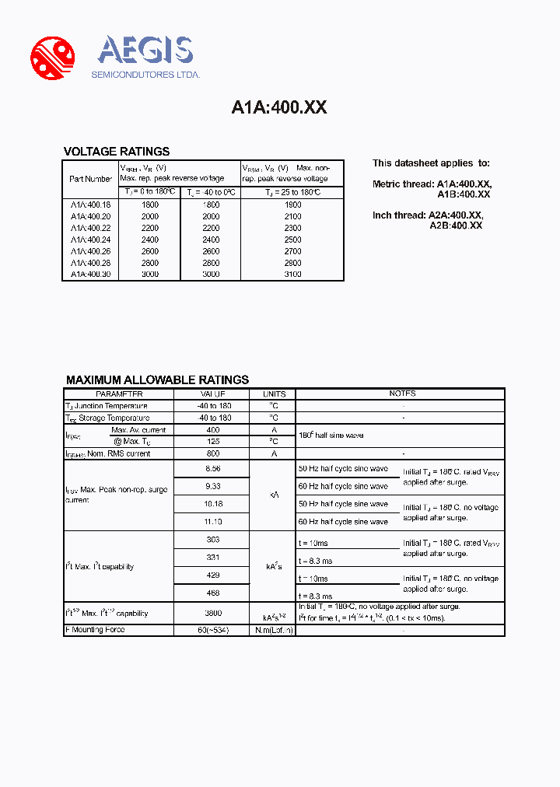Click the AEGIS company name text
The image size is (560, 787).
[x=145, y=51]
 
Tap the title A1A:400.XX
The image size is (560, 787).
[x=279, y=108]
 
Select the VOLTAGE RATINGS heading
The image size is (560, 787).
[x=116, y=152]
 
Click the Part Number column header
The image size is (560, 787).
[x=90, y=179]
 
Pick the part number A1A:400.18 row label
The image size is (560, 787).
[x=90, y=205]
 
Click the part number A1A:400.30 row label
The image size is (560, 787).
[x=90, y=274]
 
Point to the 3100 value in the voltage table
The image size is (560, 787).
[x=292, y=274]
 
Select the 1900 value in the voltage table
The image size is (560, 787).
[x=292, y=205]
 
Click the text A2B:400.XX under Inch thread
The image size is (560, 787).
[x=456, y=225]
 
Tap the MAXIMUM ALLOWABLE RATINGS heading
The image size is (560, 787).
[x=157, y=380]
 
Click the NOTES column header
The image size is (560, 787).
[x=402, y=393]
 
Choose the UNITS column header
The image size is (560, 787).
[x=274, y=394]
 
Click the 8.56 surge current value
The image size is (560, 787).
[x=212, y=469]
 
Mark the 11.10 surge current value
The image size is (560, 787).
[x=212, y=522]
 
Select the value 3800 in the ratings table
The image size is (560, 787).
[x=212, y=613]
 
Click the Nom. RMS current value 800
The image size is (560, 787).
[x=212, y=453]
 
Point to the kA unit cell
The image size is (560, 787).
[x=274, y=495]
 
